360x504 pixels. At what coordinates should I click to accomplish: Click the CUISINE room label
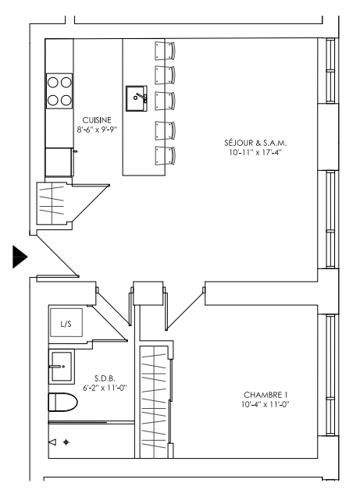(x=97, y=120)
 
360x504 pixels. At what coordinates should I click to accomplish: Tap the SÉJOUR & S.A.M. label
(x=255, y=143)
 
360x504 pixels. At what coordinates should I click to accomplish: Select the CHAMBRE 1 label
(x=266, y=395)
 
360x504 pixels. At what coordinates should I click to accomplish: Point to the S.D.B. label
(x=105, y=378)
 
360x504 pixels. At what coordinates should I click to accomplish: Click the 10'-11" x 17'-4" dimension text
(x=255, y=152)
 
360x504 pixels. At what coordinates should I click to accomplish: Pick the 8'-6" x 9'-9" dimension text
(x=97, y=130)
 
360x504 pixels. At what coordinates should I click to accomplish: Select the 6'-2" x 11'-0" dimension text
(x=105, y=388)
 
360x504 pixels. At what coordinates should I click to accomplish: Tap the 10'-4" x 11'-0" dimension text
(x=266, y=404)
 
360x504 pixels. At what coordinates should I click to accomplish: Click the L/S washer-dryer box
(x=66, y=323)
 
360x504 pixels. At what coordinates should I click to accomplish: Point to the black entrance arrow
(x=20, y=257)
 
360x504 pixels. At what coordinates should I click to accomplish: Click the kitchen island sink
(x=137, y=98)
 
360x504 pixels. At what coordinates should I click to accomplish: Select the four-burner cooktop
(x=59, y=91)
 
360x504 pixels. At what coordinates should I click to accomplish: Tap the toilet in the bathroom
(x=63, y=402)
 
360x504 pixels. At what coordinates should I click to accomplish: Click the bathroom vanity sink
(x=62, y=367)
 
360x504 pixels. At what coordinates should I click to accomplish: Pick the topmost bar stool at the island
(x=165, y=51)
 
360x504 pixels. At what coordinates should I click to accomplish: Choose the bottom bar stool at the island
(x=165, y=156)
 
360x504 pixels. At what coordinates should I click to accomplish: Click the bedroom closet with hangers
(x=154, y=402)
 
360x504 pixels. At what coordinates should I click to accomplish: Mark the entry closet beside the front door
(x=52, y=203)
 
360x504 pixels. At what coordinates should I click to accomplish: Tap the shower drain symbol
(x=66, y=442)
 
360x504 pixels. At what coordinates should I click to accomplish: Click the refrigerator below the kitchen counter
(x=59, y=162)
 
